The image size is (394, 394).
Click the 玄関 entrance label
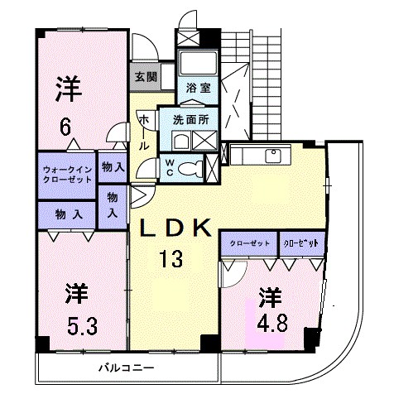(145, 76)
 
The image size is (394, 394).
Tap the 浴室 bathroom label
(196, 87)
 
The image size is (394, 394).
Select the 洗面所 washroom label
(190, 118)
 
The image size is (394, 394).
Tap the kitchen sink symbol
(271, 155)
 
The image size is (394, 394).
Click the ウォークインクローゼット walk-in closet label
(66, 173)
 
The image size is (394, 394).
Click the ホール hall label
(145, 132)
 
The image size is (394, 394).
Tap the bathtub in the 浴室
(197, 63)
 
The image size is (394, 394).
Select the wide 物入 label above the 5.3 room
(68, 214)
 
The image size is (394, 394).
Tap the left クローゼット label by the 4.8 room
(249, 244)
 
